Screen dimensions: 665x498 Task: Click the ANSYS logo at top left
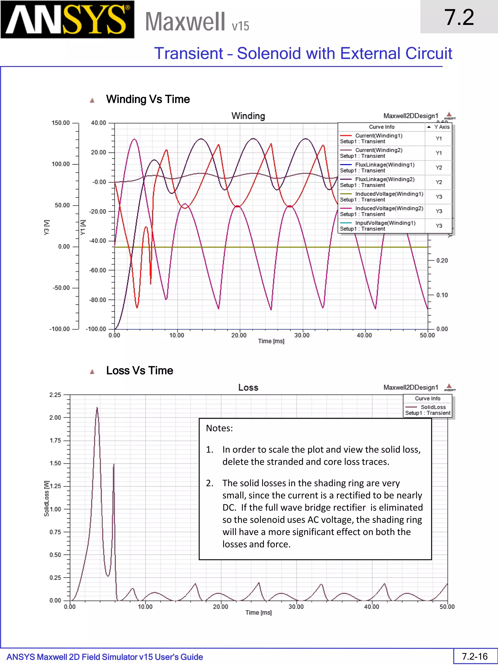[67, 19]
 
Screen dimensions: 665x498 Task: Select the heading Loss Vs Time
[140, 370]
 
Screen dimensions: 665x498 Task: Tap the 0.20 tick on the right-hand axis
[442, 260]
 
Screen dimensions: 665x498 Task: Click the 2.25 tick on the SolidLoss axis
[55, 395]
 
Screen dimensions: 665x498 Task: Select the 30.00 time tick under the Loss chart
[296, 607]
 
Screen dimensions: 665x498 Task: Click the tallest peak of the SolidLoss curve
[97, 408]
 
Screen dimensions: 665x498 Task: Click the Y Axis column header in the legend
[441, 127]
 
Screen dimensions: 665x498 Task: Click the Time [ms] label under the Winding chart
[271, 341]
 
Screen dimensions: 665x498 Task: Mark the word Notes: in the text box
[219, 428]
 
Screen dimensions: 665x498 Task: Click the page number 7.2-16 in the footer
[475, 656]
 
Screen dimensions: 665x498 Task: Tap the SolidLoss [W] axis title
[46, 498]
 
